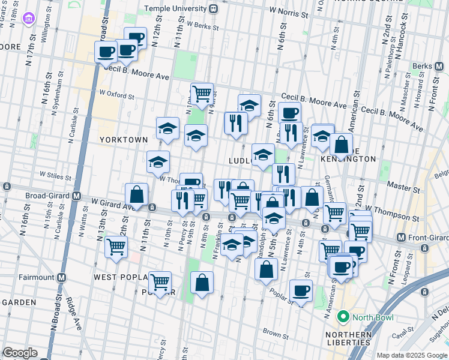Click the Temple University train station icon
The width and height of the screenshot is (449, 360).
[x=213, y=10]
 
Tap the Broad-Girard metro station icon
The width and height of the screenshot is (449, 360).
[x=77, y=196]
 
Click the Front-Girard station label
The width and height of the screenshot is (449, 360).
[x=428, y=237]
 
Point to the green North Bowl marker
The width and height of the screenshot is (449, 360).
[x=343, y=316]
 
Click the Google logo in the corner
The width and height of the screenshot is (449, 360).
[x=20, y=353]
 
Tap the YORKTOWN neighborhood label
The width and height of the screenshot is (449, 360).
[x=124, y=139]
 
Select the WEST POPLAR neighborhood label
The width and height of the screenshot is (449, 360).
[x=122, y=277]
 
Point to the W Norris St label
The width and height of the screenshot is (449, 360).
[x=292, y=11]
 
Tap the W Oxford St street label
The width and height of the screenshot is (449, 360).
[x=116, y=94]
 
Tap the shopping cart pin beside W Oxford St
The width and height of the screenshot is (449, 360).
[x=202, y=94]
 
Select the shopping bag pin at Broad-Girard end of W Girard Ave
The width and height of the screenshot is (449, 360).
[x=136, y=195]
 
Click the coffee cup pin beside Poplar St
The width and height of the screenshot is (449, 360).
[x=301, y=291]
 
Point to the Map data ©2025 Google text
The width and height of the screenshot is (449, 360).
[x=412, y=355]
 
